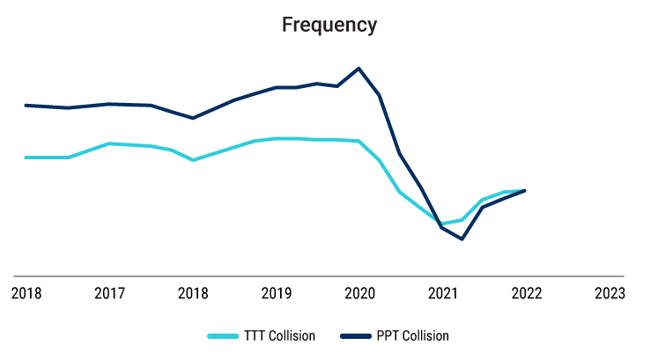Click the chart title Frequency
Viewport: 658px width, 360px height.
click(x=329, y=25)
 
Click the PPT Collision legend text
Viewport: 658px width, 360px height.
click(x=413, y=335)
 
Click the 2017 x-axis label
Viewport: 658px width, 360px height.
click(x=109, y=293)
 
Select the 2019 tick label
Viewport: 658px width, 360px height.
click(x=276, y=293)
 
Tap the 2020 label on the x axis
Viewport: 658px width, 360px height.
click(x=359, y=293)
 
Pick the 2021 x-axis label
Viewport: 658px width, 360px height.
click(x=442, y=293)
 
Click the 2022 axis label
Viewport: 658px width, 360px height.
click(x=526, y=293)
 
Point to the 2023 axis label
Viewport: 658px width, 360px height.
click(x=610, y=293)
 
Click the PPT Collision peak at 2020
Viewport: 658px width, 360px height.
click(x=359, y=68)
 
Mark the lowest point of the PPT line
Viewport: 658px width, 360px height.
click(x=462, y=239)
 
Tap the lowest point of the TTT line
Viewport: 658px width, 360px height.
click(x=442, y=224)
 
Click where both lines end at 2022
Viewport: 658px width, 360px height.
click(x=525, y=190)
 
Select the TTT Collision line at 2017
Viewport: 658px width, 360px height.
click(x=109, y=143)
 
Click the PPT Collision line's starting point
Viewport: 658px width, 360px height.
click(x=26, y=105)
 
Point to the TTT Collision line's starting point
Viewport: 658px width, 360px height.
click(x=26, y=158)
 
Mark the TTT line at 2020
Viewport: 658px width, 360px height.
click(x=359, y=141)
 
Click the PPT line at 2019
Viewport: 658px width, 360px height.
click(x=276, y=87)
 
